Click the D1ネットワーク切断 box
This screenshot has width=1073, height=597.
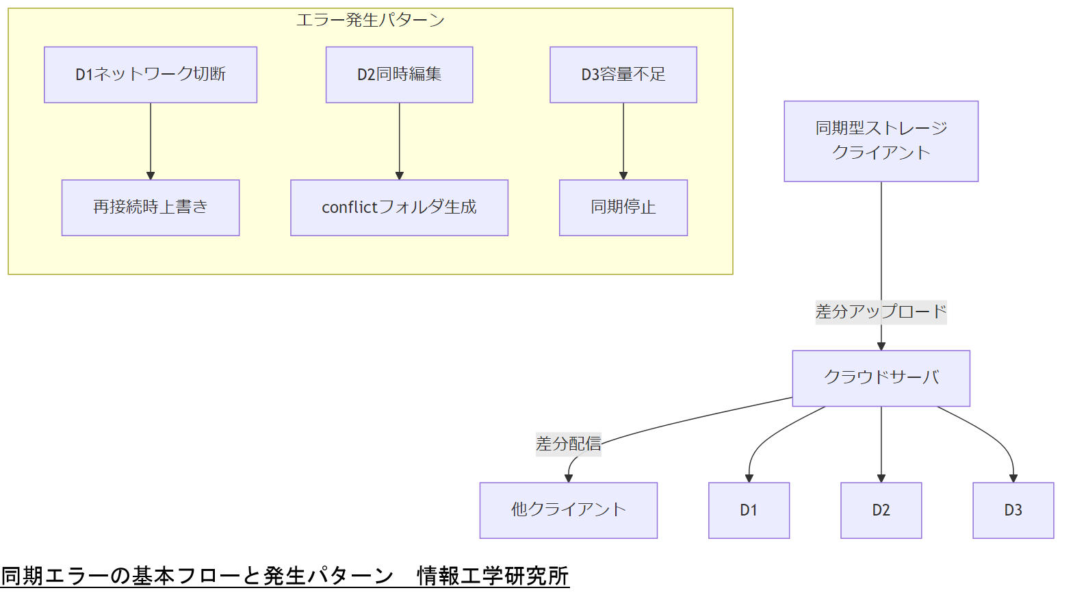click(x=151, y=75)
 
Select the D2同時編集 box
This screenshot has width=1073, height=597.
click(x=399, y=75)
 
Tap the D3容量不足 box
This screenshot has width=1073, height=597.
click(x=623, y=75)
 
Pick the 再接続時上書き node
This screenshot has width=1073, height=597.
click(x=151, y=207)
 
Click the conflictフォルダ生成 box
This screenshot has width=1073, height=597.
click(x=399, y=207)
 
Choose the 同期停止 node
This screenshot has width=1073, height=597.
click(x=623, y=207)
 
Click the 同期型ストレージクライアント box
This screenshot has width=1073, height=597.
click(x=881, y=141)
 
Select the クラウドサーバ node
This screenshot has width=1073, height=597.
click(x=881, y=378)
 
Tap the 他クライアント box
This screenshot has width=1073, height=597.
click(x=568, y=510)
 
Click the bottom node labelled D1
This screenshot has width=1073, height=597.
click(x=749, y=510)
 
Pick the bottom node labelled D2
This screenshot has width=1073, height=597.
click(x=881, y=510)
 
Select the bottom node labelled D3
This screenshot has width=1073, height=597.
click(x=1013, y=510)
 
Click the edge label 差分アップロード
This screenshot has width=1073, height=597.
click(x=881, y=312)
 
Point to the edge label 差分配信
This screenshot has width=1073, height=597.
click(x=568, y=444)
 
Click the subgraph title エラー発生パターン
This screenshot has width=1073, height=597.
click(x=370, y=20)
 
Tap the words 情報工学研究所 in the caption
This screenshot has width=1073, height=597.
click(x=493, y=576)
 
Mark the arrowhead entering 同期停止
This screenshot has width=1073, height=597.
click(x=623, y=175)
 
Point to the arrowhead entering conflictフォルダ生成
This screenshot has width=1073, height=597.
click(x=399, y=175)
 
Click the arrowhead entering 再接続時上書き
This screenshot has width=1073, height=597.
click(x=151, y=175)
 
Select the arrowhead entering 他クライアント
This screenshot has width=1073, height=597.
click(x=568, y=478)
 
